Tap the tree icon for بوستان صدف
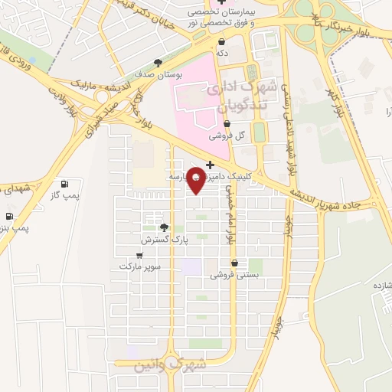click(158, 63)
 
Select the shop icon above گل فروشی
click(227, 123)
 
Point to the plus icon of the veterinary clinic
click(210, 164)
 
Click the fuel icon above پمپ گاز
click(64, 184)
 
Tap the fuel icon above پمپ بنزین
click(9, 217)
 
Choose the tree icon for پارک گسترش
click(163, 227)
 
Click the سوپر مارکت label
click(139, 266)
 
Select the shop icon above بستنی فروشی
click(234, 263)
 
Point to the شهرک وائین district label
click(160, 364)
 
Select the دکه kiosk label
click(221, 53)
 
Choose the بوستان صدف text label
click(157, 75)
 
